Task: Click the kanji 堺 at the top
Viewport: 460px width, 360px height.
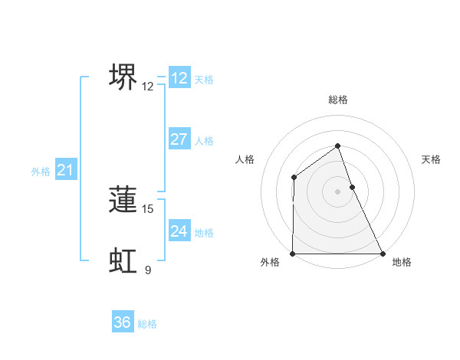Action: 123,77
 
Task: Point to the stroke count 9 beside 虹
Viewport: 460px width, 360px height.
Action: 148,270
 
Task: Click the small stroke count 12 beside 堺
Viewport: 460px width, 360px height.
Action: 148,87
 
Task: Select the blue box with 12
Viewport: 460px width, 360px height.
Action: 179,78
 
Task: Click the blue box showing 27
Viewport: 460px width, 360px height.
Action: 179,139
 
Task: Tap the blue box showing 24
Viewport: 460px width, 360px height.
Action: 179,231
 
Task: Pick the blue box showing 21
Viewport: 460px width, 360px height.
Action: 64,170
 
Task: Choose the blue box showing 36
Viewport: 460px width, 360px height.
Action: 122,322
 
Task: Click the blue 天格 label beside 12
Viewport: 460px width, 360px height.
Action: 204,80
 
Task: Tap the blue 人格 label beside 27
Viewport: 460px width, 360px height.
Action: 204,141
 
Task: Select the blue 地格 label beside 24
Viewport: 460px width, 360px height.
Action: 204,233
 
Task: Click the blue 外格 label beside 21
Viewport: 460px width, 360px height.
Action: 41,172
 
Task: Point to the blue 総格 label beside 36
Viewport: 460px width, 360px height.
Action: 147,324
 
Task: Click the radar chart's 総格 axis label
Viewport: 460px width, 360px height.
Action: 337,100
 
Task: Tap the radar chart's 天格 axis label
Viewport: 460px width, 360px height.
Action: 431,159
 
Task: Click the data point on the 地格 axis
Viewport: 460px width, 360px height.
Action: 382,254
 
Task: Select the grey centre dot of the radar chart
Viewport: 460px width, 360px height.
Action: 337,191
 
